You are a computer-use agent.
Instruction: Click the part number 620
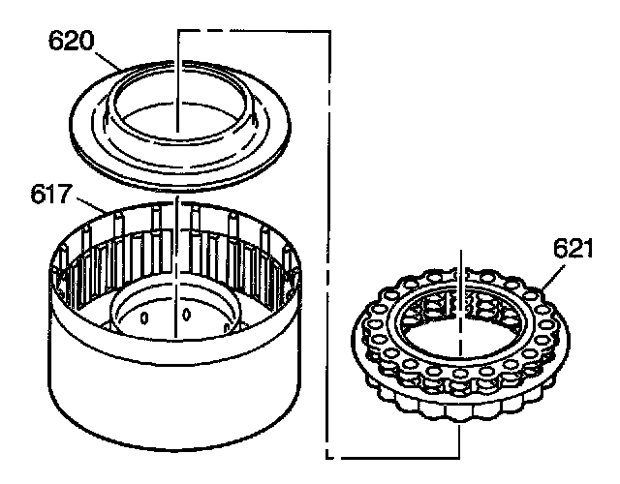[72, 41]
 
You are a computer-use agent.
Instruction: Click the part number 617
[51, 195]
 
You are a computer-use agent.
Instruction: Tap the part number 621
[573, 249]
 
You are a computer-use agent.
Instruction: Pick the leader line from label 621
[553, 278]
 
